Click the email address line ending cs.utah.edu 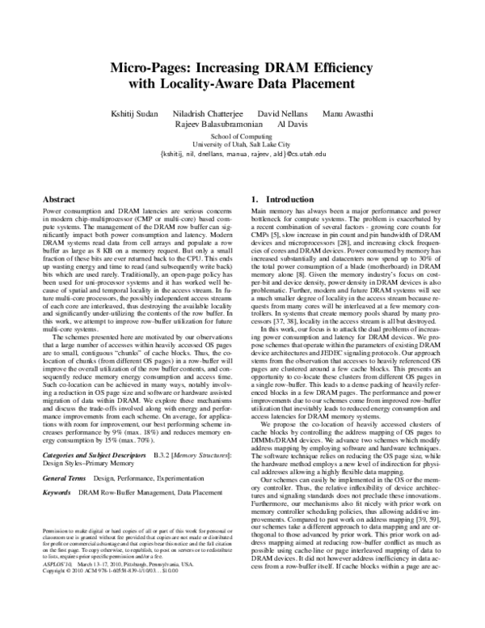click(x=242, y=153)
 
